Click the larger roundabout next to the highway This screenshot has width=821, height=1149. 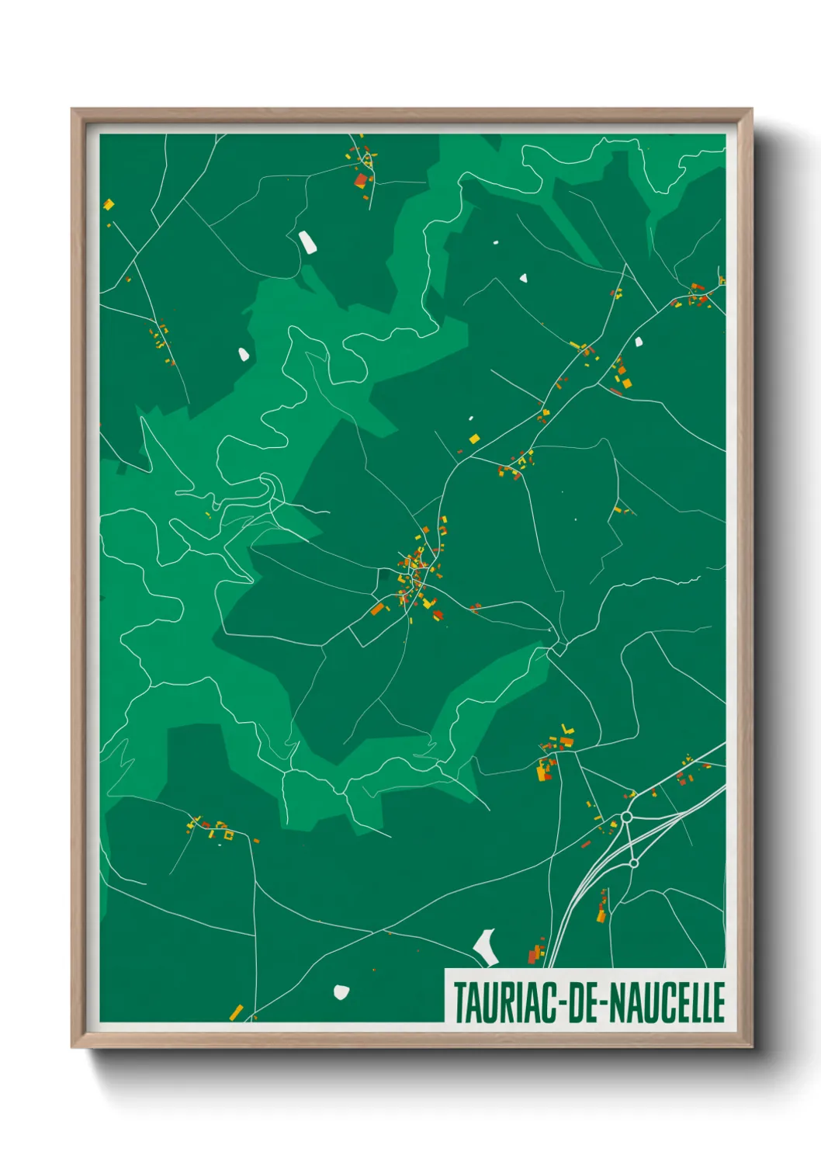(627, 817)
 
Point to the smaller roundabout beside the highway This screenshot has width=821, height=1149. (633, 863)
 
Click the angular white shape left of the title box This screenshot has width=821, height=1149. (486, 946)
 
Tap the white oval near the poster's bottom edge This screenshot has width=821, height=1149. (341, 991)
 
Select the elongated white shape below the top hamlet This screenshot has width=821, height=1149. (308, 242)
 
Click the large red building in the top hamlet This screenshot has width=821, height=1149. (361, 180)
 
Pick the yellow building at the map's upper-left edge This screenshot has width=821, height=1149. (109, 205)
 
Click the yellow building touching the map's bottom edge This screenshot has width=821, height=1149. (236, 1012)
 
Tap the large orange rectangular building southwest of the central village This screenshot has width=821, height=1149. (378, 609)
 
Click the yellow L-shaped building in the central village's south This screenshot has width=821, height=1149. (428, 602)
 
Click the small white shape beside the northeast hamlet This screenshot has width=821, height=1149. (639, 341)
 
